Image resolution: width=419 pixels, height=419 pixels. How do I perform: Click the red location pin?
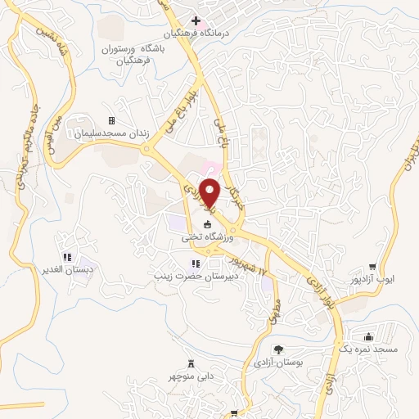211,191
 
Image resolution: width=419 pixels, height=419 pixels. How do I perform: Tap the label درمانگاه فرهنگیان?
196,34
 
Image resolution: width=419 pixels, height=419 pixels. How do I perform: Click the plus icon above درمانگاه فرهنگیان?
195,20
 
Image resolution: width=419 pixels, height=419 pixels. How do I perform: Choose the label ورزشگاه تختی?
208,237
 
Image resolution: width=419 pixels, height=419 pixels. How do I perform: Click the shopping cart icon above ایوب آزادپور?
373,266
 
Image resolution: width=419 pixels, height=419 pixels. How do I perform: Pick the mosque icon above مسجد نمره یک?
368,336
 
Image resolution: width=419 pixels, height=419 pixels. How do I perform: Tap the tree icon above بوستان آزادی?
277,348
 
